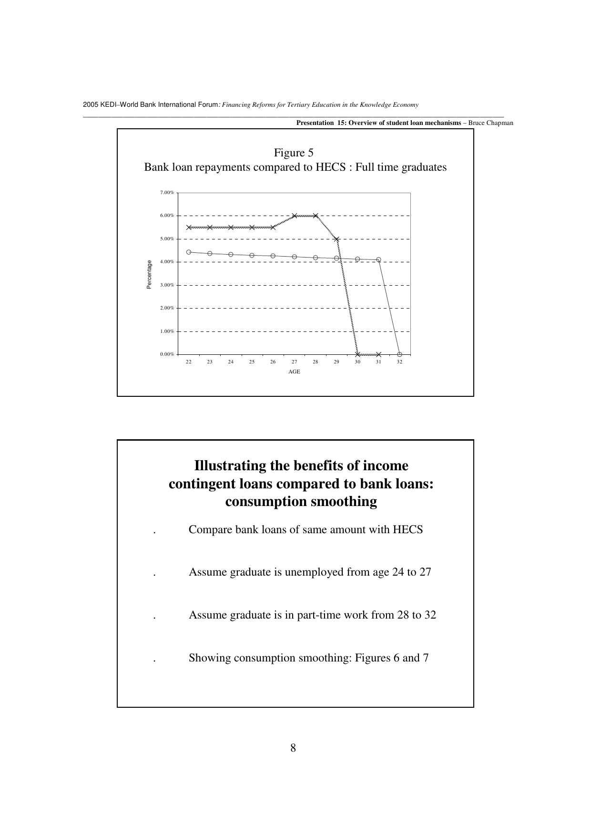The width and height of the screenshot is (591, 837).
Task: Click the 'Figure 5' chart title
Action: [x=294, y=153]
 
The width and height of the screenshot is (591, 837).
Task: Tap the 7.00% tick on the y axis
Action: [x=167, y=193]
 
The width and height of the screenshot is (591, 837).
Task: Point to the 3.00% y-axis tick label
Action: [x=167, y=285]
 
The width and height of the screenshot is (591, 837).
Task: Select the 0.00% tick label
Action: [x=167, y=354]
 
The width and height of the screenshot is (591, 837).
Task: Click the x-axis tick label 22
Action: [x=189, y=362]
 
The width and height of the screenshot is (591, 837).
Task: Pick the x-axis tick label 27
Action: [x=294, y=362]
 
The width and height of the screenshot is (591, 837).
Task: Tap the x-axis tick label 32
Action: [x=399, y=362]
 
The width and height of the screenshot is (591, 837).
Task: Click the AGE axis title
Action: [x=294, y=372]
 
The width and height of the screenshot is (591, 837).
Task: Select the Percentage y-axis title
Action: [x=149, y=274]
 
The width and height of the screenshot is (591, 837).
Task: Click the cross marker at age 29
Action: [x=336, y=239]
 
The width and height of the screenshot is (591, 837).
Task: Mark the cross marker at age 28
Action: [x=316, y=216]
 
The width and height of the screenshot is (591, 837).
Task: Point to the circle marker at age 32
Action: [x=399, y=354]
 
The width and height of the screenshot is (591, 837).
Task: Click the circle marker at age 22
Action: [x=189, y=252]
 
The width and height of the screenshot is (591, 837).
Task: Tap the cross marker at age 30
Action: [x=357, y=354]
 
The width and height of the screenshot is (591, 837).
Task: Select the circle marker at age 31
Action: [x=378, y=260]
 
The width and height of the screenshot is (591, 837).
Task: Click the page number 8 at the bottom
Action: [x=293, y=748]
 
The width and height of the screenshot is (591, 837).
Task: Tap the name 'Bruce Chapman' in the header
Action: [x=491, y=123]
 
